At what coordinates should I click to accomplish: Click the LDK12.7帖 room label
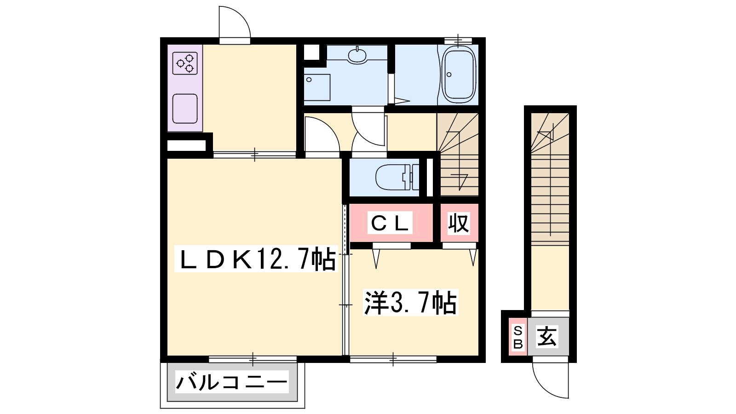tap(257, 259)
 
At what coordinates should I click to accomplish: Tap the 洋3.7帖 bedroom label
tap(410, 303)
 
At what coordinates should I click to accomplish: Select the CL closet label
tap(390, 224)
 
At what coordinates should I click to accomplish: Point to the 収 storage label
tap(459, 224)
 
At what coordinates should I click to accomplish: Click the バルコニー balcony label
tap(232, 382)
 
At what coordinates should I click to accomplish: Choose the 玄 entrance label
tap(547, 336)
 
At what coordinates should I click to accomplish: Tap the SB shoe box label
tap(518, 337)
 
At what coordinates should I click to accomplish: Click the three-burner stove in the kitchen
tap(185, 63)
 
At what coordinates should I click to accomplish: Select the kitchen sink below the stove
tap(185, 109)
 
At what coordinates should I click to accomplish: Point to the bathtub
tap(459, 75)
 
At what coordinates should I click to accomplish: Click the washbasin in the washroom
tap(357, 56)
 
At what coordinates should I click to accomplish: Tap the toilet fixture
tap(397, 177)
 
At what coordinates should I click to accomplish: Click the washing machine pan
tap(317, 87)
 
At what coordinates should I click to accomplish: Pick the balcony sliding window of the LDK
tap(253, 359)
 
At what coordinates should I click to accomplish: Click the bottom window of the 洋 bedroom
tap(393, 359)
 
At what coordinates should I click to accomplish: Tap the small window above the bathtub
tap(458, 41)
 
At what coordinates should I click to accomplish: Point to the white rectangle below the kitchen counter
tap(187, 145)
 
